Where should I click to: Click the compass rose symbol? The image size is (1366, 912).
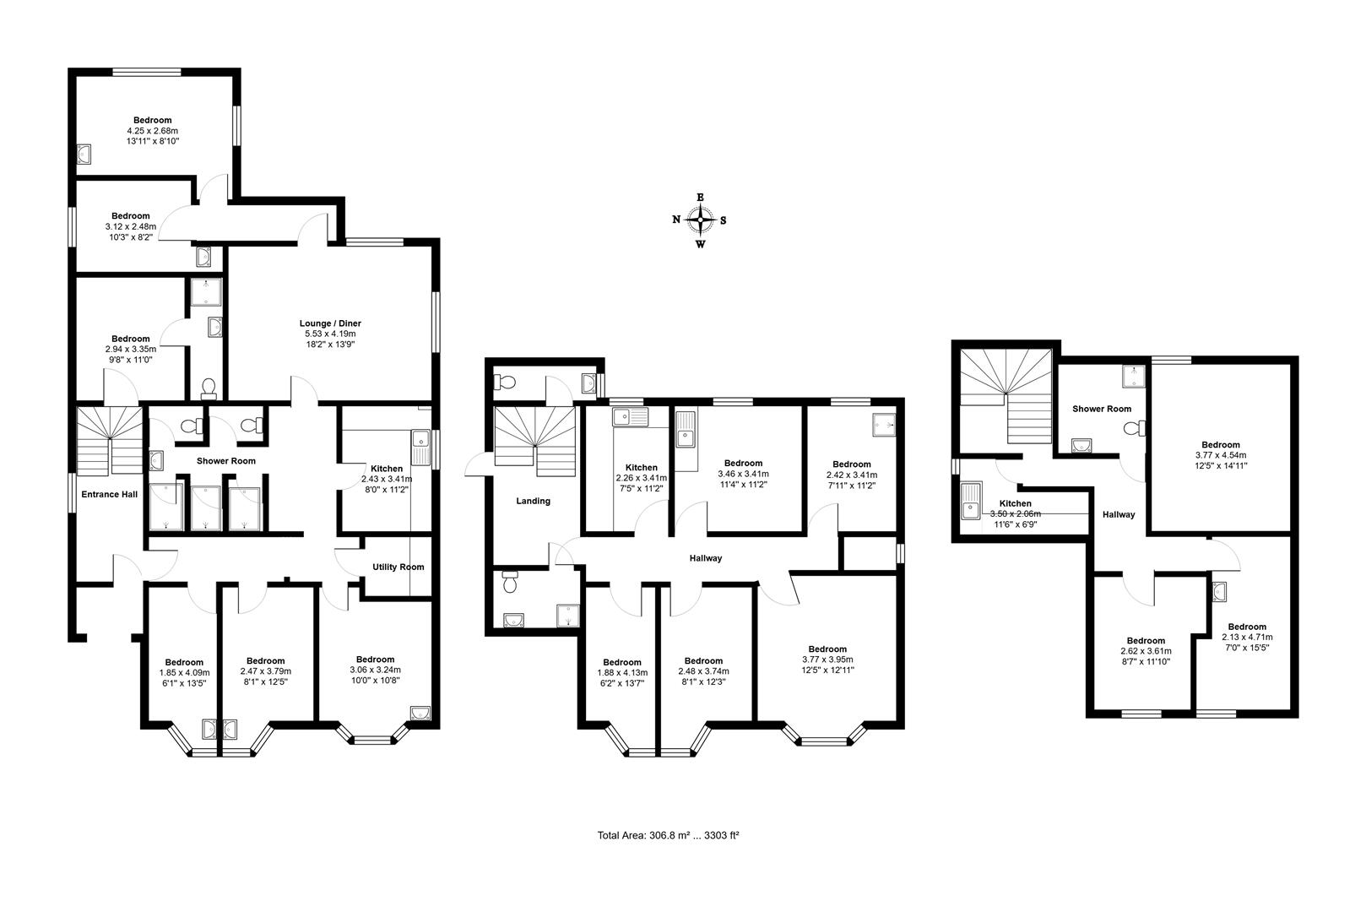coord(700,220)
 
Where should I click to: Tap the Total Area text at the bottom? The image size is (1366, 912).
coord(668,835)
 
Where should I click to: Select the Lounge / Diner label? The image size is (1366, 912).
coord(330,323)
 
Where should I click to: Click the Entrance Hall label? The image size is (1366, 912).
coord(109,494)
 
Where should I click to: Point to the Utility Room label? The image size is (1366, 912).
coord(398,567)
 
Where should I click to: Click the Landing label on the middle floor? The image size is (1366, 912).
coord(533,501)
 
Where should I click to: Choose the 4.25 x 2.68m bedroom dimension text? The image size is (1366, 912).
coord(152,131)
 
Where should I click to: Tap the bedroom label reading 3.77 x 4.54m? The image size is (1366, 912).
coord(1220,454)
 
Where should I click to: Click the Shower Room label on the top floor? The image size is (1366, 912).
coord(1102,409)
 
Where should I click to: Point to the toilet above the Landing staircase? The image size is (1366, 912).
coord(507,382)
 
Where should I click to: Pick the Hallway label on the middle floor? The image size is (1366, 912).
coord(706,558)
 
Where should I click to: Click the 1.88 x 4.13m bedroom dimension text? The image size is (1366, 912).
coord(622,672)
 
